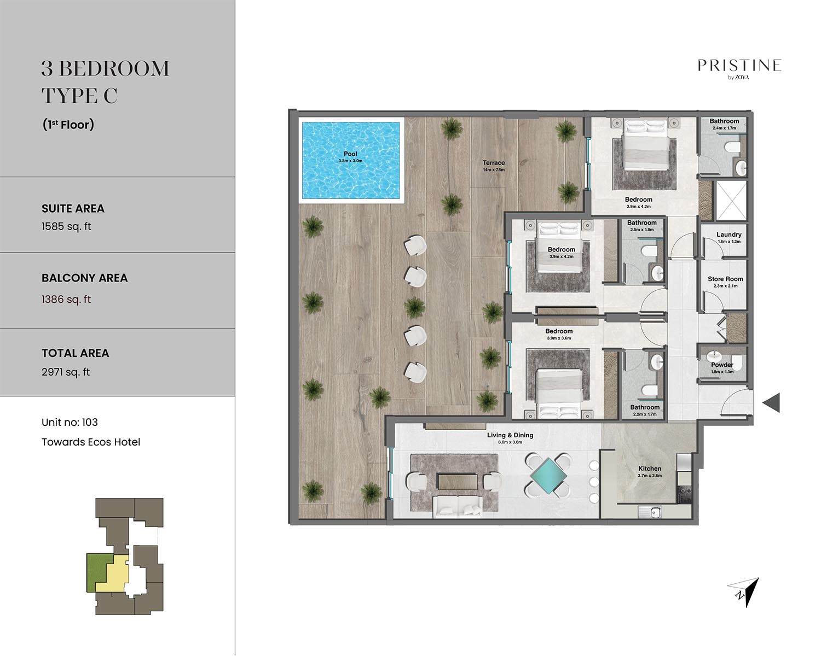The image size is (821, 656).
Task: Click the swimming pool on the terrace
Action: pos(351,160)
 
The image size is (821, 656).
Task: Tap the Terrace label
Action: pos(493,163)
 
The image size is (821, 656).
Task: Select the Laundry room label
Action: pos(729,235)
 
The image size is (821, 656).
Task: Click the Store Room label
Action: pos(725,279)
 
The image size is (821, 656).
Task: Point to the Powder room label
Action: pos(722,365)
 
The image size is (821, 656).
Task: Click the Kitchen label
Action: pos(650,468)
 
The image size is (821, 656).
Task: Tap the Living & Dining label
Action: pos(510,435)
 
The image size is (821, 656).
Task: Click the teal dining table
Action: pos(548,476)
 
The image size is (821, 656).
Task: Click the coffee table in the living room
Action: pos(457,482)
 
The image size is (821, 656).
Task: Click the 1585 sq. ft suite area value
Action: pos(66,226)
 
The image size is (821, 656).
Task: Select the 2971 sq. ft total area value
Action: pos(66,372)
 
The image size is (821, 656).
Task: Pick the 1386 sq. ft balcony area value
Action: pos(66,300)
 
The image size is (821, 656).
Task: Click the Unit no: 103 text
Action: pos(70,422)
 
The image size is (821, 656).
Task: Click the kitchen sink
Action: pos(650,512)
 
